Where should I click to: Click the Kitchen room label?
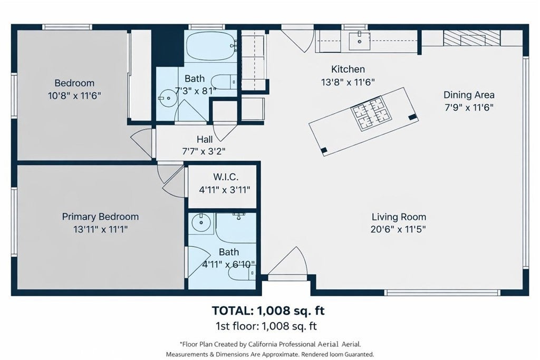[x=348, y=69]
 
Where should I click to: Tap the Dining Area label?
[x=469, y=95]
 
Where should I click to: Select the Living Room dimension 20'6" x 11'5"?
[x=398, y=229]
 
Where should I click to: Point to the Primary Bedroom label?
[x=100, y=217]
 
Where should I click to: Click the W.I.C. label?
[x=226, y=177]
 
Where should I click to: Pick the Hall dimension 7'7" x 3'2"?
[x=204, y=151]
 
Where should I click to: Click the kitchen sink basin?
[x=359, y=41]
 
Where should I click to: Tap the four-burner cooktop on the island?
[x=371, y=113]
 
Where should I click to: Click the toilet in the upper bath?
[x=224, y=82]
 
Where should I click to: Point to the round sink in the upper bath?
[x=168, y=98]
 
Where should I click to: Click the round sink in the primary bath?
[x=201, y=222]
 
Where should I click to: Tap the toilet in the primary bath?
[x=242, y=273]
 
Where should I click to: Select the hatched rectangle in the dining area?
[x=471, y=38]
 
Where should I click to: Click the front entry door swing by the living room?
[x=288, y=261]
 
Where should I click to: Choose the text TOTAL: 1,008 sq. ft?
[x=268, y=311]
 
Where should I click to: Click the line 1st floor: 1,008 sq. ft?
[x=266, y=326]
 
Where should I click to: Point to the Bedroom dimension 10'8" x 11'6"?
[x=74, y=96]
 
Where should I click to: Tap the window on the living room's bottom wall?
[x=442, y=293]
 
